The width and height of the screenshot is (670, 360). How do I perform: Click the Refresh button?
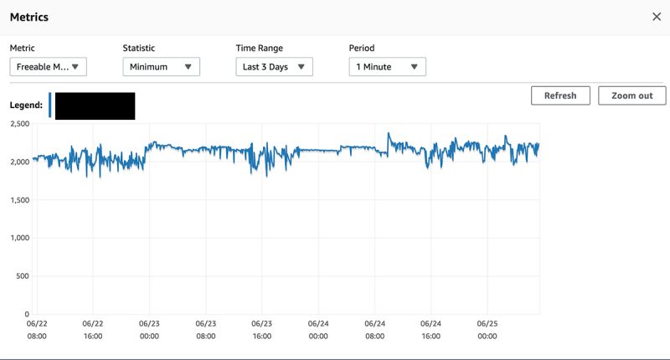click(x=560, y=95)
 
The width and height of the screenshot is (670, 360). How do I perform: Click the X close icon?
click(x=656, y=17)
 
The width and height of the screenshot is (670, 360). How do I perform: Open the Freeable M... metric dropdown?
click(x=48, y=67)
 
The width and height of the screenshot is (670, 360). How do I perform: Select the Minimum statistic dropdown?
click(x=161, y=67)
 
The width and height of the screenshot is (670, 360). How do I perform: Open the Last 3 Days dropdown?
click(x=274, y=67)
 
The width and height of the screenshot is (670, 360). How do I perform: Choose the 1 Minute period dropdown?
click(x=387, y=67)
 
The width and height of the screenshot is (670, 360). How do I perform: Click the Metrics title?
click(x=28, y=17)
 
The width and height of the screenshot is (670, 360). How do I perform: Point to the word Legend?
click(x=26, y=105)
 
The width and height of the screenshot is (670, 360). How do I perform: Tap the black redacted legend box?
click(x=95, y=105)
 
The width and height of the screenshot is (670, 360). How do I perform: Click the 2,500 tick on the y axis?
click(x=17, y=124)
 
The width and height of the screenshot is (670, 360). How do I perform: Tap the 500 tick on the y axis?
click(x=22, y=275)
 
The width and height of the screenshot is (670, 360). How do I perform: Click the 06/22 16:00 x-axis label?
click(x=93, y=329)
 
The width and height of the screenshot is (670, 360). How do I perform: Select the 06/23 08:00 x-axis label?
click(x=205, y=329)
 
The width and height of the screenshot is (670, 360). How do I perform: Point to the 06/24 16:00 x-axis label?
click(x=430, y=329)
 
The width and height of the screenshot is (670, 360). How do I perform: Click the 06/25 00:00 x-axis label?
click(x=487, y=329)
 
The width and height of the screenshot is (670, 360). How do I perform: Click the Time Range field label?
click(x=259, y=49)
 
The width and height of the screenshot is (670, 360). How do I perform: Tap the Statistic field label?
click(x=139, y=49)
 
